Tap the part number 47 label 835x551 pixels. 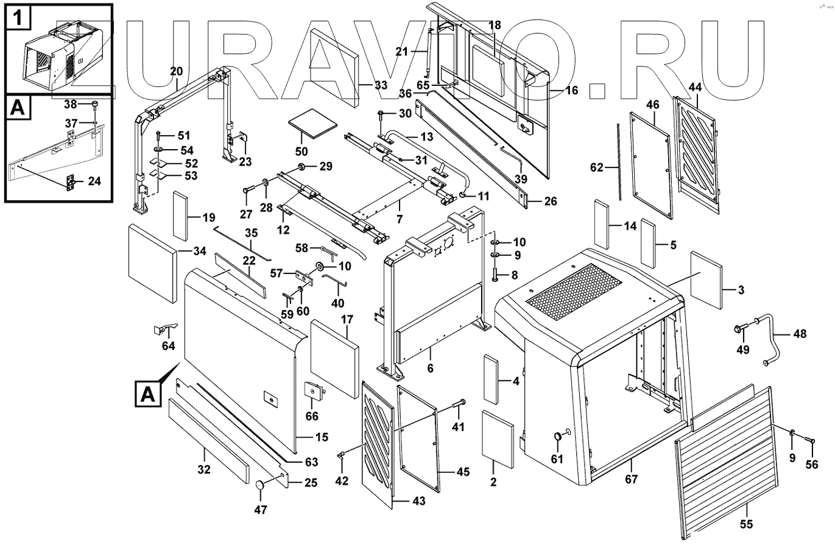pyautogui.click(x=260, y=509)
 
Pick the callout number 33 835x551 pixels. pyautogui.click(x=381, y=86)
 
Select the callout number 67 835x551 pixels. pyautogui.click(x=632, y=479)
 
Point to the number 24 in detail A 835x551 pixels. pyautogui.click(x=94, y=181)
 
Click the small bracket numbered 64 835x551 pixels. pyautogui.click(x=163, y=329)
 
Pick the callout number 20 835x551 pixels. pyautogui.click(x=177, y=72)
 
